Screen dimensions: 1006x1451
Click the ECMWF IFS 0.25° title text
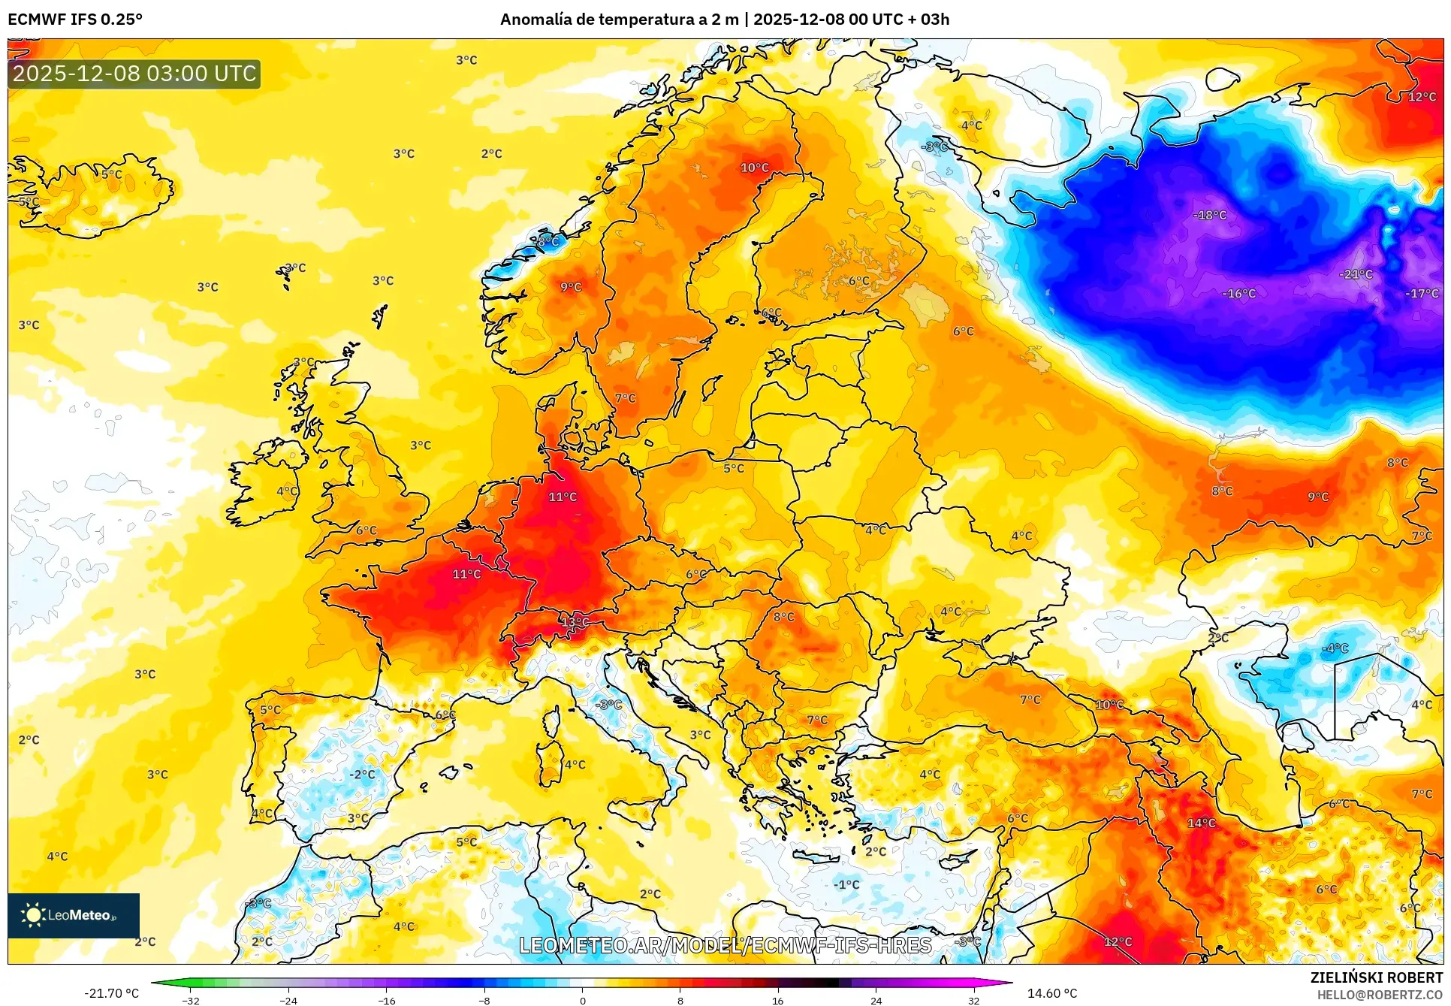75,20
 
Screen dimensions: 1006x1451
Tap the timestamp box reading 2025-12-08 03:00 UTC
134,74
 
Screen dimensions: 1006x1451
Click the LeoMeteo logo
73,915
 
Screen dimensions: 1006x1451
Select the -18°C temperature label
1209,216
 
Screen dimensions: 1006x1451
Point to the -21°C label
1356,274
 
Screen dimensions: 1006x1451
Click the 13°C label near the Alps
575,622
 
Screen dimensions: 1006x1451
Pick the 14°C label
1201,823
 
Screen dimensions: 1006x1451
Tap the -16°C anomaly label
1238,294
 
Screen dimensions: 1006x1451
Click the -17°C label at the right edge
1422,294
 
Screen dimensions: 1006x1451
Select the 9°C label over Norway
571,287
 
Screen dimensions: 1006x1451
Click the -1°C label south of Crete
846,885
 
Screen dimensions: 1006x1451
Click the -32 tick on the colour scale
191,1000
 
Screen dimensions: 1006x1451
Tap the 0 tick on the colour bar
582,1000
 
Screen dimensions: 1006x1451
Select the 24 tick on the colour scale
876,1000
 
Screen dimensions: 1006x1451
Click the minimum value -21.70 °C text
111,993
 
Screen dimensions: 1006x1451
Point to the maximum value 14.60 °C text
1051,993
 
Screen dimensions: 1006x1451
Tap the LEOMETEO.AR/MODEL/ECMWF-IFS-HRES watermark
725,945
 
